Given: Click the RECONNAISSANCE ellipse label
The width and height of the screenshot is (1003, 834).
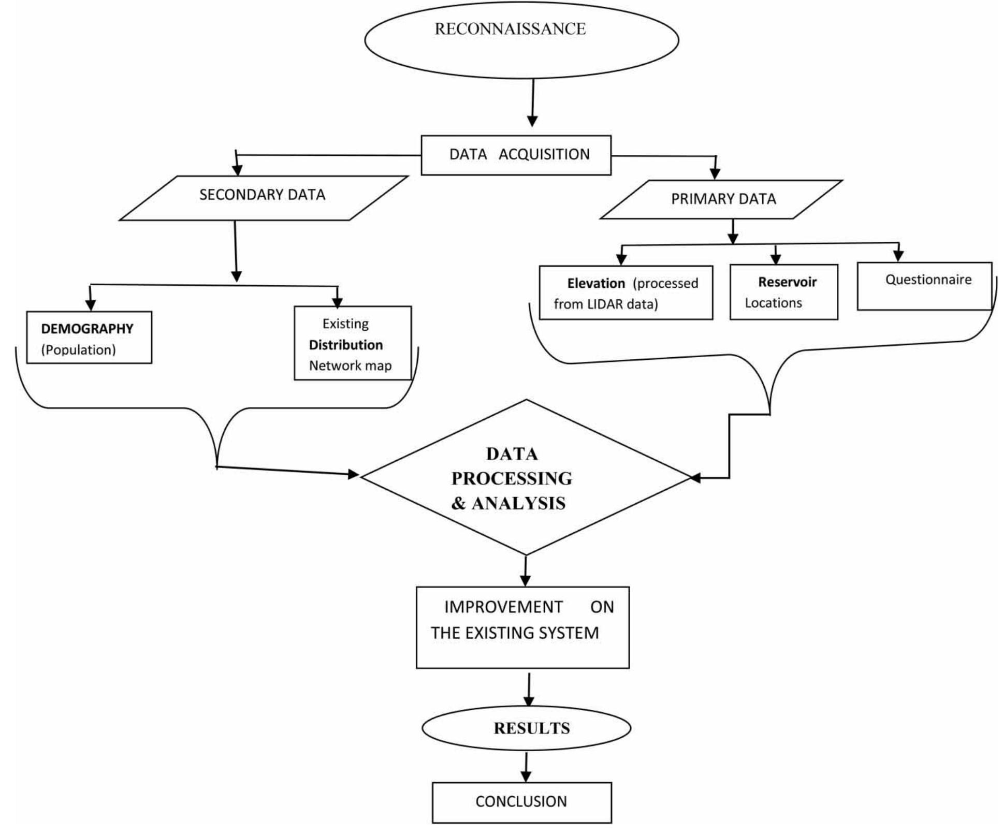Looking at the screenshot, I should point(510,29).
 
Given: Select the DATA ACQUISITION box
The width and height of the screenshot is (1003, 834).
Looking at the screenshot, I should point(516,155).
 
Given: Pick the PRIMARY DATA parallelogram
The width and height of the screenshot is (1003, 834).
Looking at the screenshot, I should point(723,199).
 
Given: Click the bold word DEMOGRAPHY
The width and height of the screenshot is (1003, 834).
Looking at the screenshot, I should point(87,329).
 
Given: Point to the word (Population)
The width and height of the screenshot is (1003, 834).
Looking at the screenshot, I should point(78,350).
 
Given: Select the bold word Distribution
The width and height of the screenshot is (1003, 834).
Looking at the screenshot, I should point(345,345).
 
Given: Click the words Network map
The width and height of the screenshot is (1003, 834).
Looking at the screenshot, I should point(350,365).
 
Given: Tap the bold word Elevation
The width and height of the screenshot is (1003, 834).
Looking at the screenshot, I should point(595,283).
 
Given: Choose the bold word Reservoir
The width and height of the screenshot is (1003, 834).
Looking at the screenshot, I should point(787,282).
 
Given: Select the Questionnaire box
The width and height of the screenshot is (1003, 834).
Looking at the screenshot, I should point(924,286).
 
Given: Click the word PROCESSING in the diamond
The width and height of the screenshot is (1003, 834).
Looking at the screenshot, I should point(512,478).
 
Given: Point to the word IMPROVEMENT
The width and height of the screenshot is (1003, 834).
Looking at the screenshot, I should point(503,607).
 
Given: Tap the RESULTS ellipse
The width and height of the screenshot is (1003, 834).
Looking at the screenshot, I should point(527,728).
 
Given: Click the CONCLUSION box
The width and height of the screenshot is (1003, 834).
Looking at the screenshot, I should point(521,802).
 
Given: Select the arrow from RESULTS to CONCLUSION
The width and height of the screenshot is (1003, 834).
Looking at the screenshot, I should point(526,767).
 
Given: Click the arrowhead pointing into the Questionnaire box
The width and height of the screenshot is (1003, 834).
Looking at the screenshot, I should point(898,255).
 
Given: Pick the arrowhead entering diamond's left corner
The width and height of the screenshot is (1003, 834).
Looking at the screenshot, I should point(353,474).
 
